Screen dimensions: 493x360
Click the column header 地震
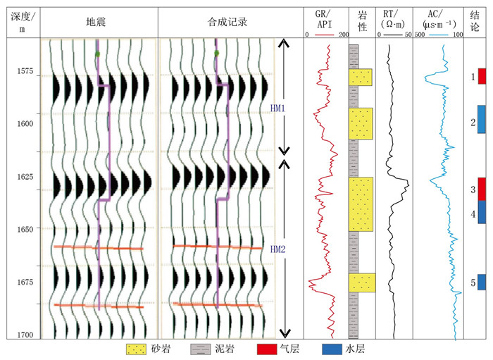click(x=99, y=22)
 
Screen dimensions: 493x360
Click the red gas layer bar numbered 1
click(x=482, y=76)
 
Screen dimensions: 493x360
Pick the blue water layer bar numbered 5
click(x=482, y=282)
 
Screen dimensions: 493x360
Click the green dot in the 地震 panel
click(x=98, y=54)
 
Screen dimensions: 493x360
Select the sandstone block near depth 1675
click(x=361, y=283)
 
